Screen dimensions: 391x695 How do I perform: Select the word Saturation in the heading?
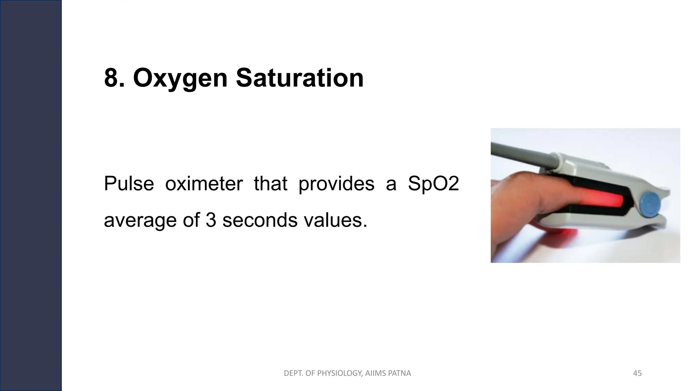pos(300,78)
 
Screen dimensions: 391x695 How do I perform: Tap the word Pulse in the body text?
pos(129,184)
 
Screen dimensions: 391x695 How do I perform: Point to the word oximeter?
pos(204,184)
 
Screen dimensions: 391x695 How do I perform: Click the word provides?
pos(336,184)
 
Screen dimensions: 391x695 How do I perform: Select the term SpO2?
pos(433,184)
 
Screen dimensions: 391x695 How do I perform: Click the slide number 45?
pos(637,373)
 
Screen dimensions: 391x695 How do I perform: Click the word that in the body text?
pos(270,184)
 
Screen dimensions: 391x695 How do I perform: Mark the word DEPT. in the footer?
pos(292,373)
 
